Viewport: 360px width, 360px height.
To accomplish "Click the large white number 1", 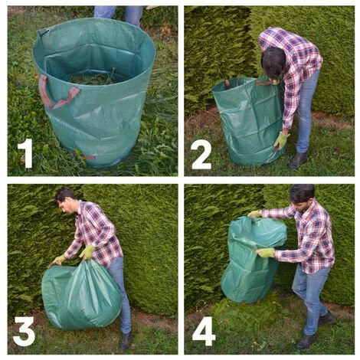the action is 26,153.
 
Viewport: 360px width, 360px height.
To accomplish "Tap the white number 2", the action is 201,155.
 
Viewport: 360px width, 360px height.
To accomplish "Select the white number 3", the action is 24,331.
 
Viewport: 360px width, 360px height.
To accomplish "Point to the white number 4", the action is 204,331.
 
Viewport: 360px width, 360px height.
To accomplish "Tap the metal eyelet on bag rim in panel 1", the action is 47,31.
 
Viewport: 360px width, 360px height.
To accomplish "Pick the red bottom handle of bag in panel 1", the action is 86,155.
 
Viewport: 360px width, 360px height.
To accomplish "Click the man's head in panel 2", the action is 273,62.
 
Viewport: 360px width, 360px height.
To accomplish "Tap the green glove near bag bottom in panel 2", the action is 281,140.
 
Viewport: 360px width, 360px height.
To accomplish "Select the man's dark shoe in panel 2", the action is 298,161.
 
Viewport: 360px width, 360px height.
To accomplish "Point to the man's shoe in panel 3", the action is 126,341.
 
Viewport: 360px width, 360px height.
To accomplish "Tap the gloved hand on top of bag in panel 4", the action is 254,214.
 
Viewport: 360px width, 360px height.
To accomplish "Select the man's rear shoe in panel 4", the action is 326,318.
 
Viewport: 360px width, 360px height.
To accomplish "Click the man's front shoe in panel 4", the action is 306,341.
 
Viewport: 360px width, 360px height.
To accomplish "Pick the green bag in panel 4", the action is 254,260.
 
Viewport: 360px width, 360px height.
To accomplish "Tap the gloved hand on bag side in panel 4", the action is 265,253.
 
